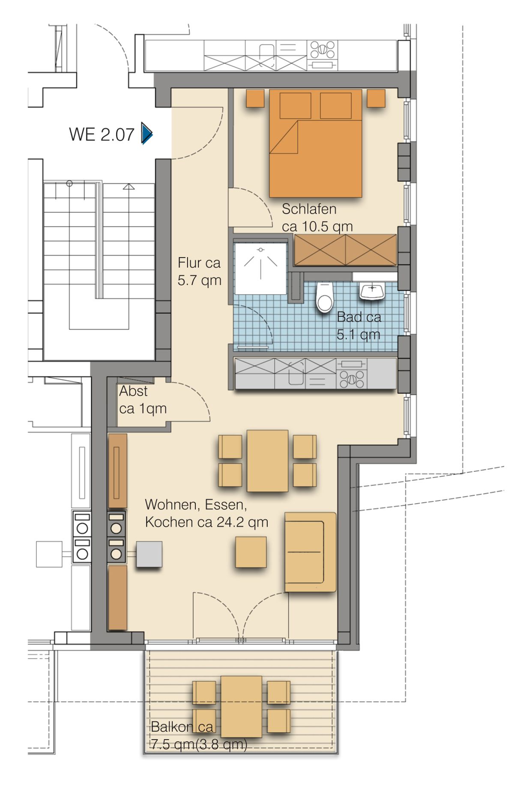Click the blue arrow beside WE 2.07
tap(147, 134)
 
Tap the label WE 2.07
tap(102, 134)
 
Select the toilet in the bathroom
tap(324, 297)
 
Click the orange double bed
tap(316, 143)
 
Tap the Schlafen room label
tap(317, 218)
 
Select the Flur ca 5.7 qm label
tap(200, 271)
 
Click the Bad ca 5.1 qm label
tap(359, 325)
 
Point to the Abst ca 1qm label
tap(143, 399)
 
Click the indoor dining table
tap(268, 461)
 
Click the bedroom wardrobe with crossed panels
tap(345, 250)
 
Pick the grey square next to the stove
tap(149, 555)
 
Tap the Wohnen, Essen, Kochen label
tap(207, 513)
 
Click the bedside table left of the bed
tap(255, 98)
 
